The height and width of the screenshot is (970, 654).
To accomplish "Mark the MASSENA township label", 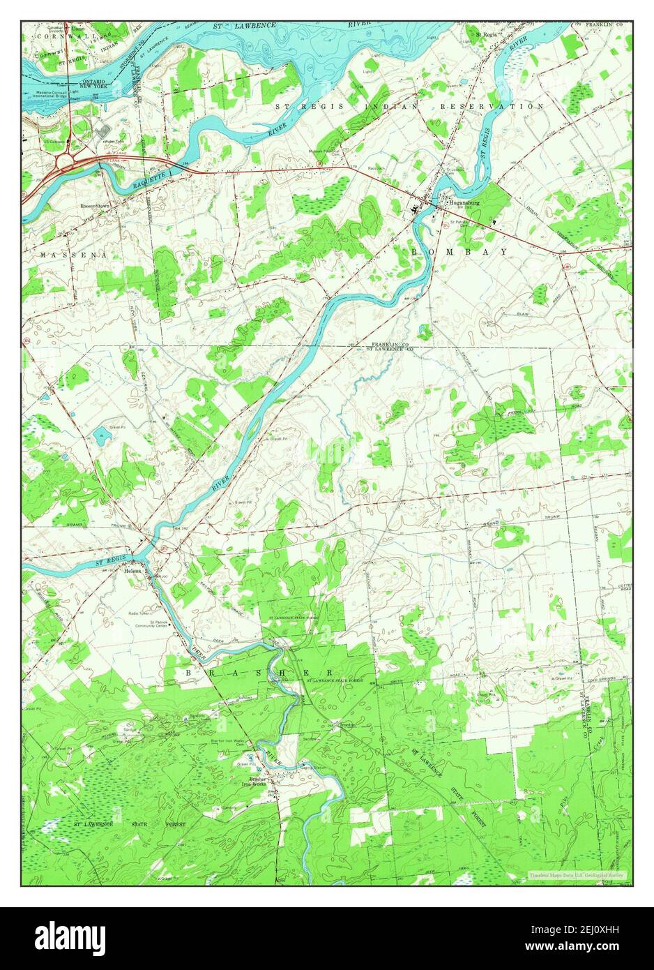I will pyautogui.click(x=73, y=255).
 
